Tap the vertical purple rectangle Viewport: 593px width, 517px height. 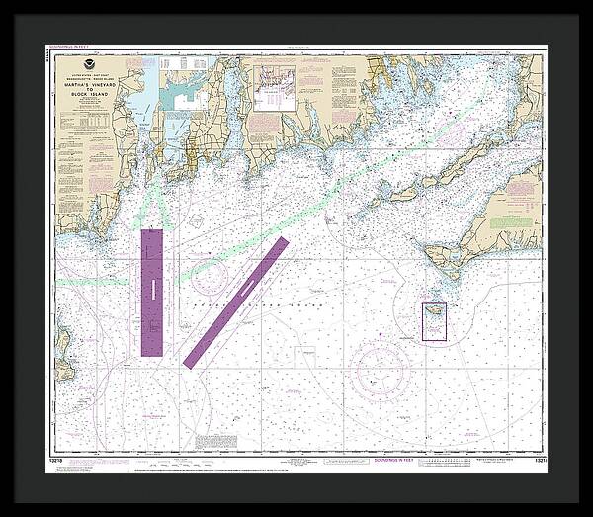tap(151, 292)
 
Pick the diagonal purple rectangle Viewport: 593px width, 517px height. tap(236, 302)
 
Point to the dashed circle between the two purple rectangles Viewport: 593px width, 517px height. tap(211, 277)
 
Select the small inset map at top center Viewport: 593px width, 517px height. tap(274, 89)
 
